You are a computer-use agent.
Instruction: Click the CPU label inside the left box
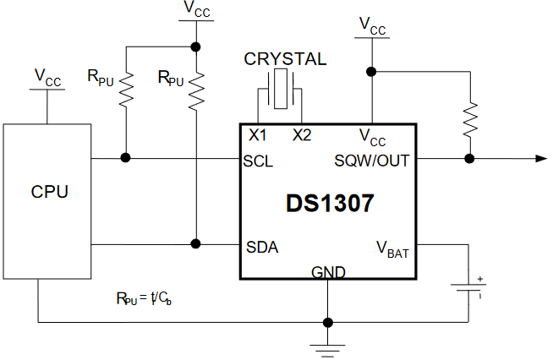point(49,192)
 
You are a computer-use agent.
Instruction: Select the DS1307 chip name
point(330,204)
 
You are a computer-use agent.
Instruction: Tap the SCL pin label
point(258,161)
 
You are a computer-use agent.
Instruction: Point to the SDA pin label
point(262,247)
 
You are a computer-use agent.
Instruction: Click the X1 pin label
point(257,135)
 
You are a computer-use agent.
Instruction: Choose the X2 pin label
point(302,135)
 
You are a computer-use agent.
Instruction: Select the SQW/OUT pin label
point(372,161)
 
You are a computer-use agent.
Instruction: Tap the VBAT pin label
point(392,249)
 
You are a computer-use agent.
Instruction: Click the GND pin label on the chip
point(328,272)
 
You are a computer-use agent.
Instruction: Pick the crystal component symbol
point(281,89)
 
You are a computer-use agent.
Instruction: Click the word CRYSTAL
point(285,59)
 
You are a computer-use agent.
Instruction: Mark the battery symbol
point(469,287)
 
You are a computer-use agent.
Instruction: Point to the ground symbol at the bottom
point(327,351)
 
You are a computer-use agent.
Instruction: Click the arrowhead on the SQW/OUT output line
point(541,159)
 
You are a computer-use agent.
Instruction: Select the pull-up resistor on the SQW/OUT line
point(470,120)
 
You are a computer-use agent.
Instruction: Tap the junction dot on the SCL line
point(125,158)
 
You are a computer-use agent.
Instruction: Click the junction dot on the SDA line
point(195,243)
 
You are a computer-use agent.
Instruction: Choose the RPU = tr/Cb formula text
point(144,298)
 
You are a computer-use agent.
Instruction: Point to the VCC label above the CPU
point(47,77)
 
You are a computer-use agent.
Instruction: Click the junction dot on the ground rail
point(328,322)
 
